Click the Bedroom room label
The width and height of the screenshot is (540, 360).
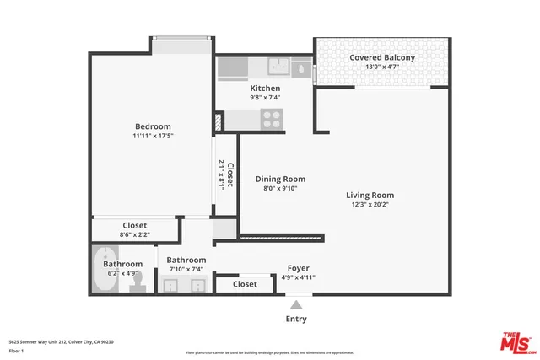pyautogui.click(x=152, y=126)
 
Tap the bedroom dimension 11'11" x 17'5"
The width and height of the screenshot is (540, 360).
pyautogui.click(x=152, y=137)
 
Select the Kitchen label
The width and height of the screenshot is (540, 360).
pyautogui.click(x=265, y=88)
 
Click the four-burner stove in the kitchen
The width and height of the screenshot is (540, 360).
pyautogui.click(x=271, y=118)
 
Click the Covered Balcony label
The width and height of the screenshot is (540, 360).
pyautogui.click(x=382, y=57)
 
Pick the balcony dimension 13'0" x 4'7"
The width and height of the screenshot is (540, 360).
pyautogui.click(x=382, y=67)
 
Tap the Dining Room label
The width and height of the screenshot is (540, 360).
pyautogui.click(x=280, y=179)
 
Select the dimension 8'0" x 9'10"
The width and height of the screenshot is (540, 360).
pyautogui.click(x=280, y=189)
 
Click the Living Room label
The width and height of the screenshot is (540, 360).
pyautogui.click(x=370, y=195)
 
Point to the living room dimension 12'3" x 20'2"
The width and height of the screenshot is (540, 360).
pyautogui.click(x=370, y=205)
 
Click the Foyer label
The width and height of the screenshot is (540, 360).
pyautogui.click(x=298, y=267)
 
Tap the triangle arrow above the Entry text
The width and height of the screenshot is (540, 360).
pyautogui.click(x=296, y=306)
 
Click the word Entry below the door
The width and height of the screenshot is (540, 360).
pyautogui.click(x=296, y=319)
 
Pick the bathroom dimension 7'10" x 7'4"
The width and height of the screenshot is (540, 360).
pyautogui.click(x=186, y=271)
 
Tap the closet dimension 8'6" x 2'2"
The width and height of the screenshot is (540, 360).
pyautogui.click(x=135, y=236)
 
